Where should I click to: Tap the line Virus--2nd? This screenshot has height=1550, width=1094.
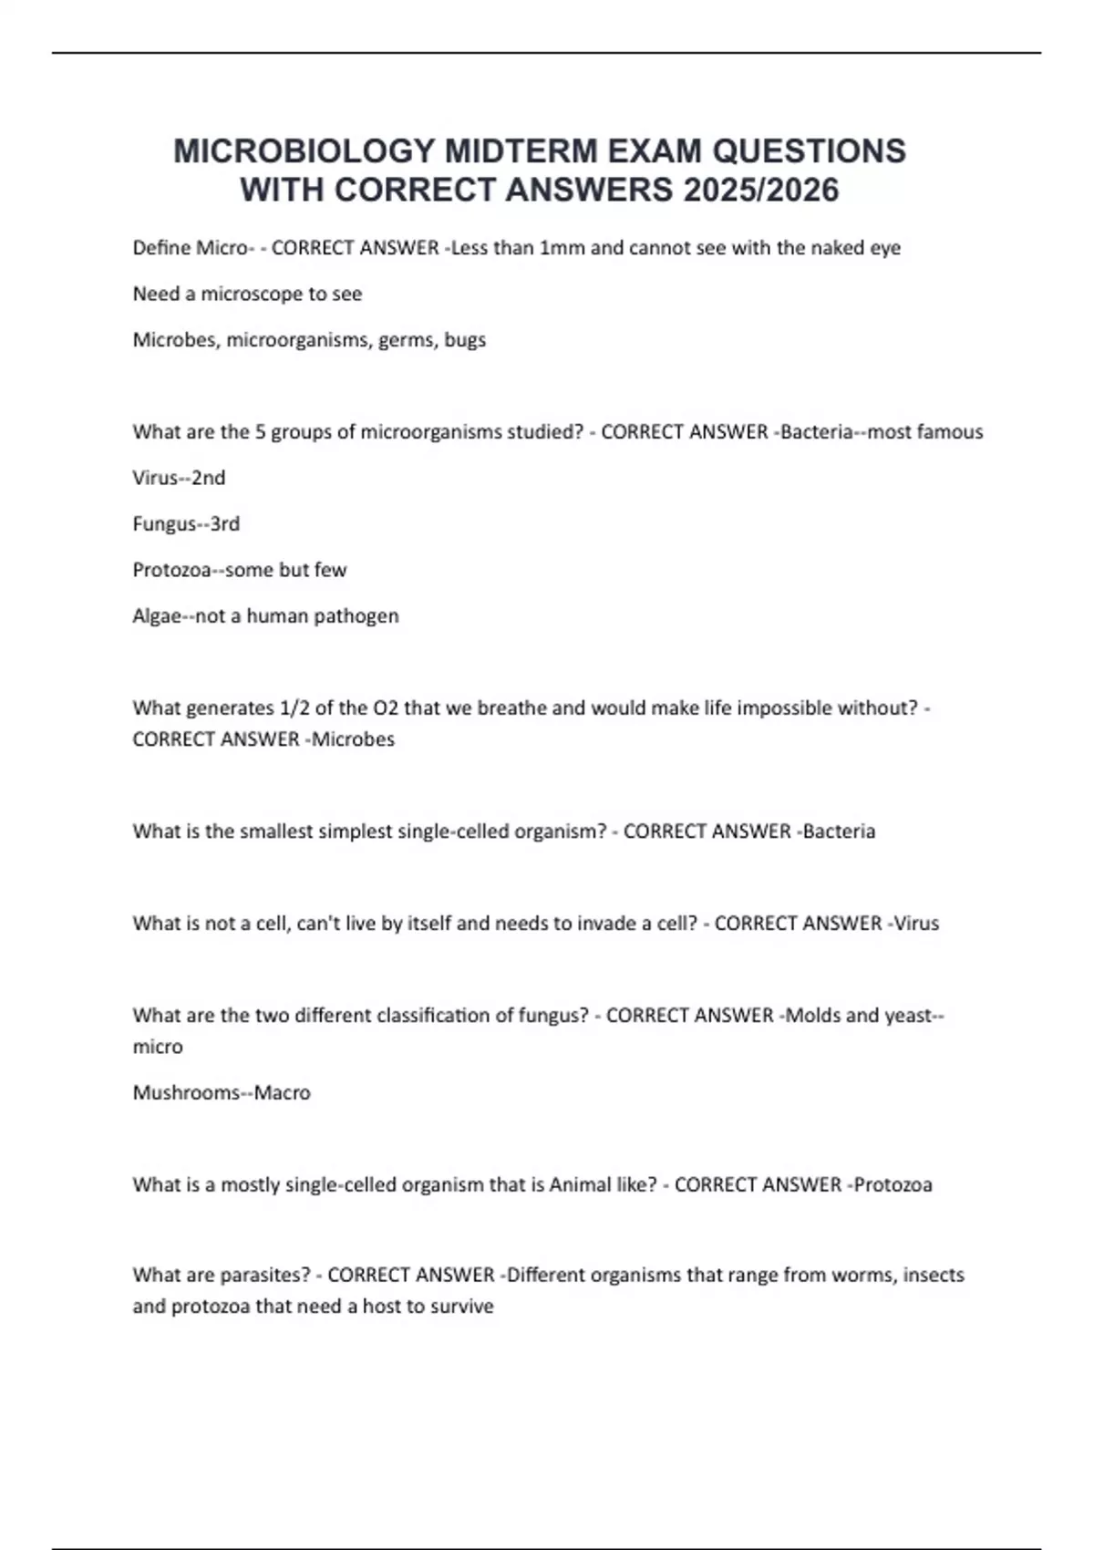click(179, 478)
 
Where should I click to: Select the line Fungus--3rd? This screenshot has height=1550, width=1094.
click(186, 524)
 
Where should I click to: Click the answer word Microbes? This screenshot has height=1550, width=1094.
click(353, 739)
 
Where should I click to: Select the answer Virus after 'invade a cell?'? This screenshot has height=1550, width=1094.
click(916, 924)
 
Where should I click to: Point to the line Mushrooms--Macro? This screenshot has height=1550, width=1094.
click(222, 1092)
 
